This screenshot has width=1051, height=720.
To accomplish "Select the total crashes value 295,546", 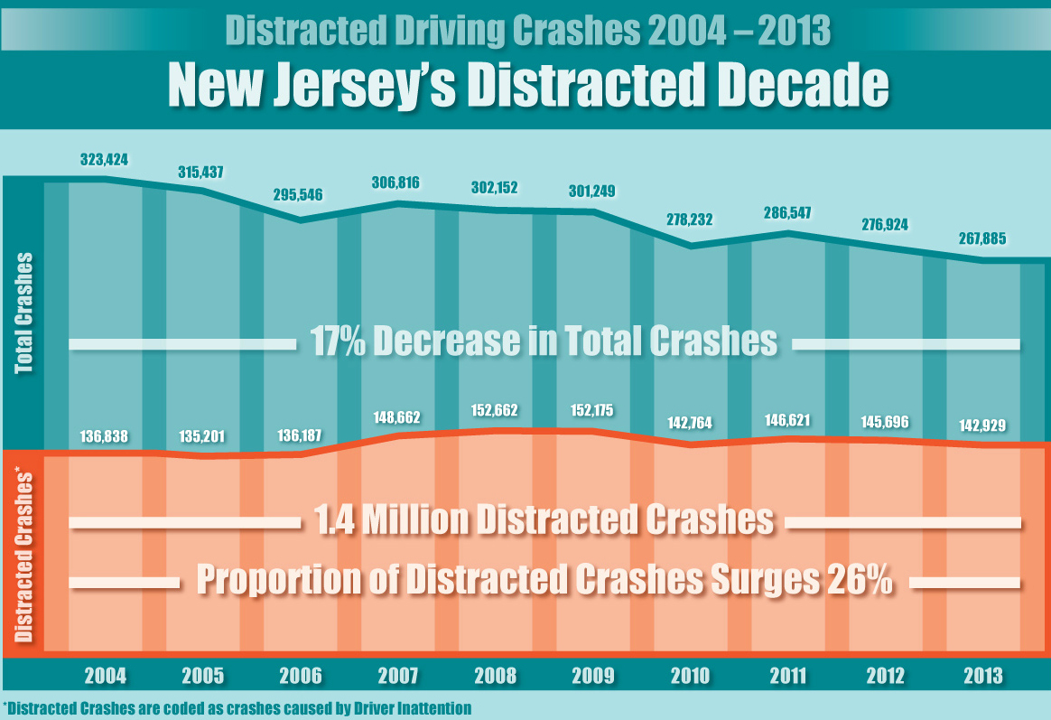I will tap(298, 194).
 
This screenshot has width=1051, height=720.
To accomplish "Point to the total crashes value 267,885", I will tap(981, 240).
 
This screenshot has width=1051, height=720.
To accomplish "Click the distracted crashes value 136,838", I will tap(104, 437).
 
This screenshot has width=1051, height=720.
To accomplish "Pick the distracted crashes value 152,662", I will tap(494, 411).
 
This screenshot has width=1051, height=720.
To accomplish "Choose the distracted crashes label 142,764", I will tap(689, 425).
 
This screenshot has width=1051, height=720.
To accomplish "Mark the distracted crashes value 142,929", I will tap(981, 425).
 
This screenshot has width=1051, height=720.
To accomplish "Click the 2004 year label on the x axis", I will tap(106, 675).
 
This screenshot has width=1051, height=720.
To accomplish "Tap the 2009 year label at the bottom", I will tap(592, 675).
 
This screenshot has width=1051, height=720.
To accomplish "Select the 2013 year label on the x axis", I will tap(982, 675).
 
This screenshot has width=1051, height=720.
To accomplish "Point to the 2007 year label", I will tap(397, 675).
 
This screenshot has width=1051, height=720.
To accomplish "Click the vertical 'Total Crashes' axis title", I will tap(23, 313).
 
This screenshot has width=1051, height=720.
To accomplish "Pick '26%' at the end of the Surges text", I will tap(858, 580).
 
